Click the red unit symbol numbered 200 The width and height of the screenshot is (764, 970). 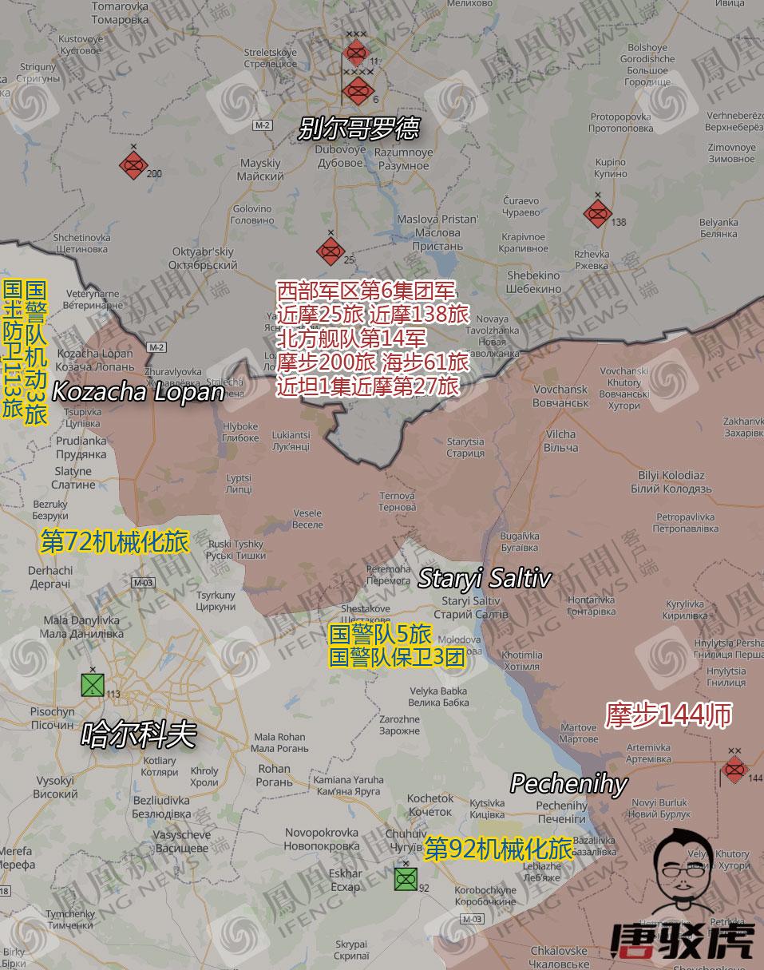click(x=133, y=165)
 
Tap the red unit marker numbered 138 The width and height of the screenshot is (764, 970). click(x=597, y=213)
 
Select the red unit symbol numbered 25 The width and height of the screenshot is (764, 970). click(x=329, y=251)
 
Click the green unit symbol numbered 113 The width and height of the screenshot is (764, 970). click(x=93, y=685)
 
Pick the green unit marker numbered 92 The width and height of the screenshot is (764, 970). click(x=406, y=879)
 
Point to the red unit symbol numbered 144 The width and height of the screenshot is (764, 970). click(x=734, y=770)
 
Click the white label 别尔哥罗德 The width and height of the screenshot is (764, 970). click(x=358, y=129)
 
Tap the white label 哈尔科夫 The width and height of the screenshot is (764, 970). click(x=138, y=734)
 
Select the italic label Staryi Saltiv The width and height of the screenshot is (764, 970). click(x=484, y=578)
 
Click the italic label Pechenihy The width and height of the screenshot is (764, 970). click(x=568, y=783)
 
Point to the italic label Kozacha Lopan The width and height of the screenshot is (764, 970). click(x=137, y=392)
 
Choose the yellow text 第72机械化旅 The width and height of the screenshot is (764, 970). click(x=114, y=542)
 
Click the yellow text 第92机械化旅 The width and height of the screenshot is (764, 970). click(x=498, y=849)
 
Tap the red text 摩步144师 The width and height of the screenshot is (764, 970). click(x=668, y=715)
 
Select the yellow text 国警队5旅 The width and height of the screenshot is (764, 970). click(x=380, y=635)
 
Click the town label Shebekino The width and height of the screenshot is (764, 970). click(x=533, y=281)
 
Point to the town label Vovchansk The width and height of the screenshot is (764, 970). click(x=560, y=396)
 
